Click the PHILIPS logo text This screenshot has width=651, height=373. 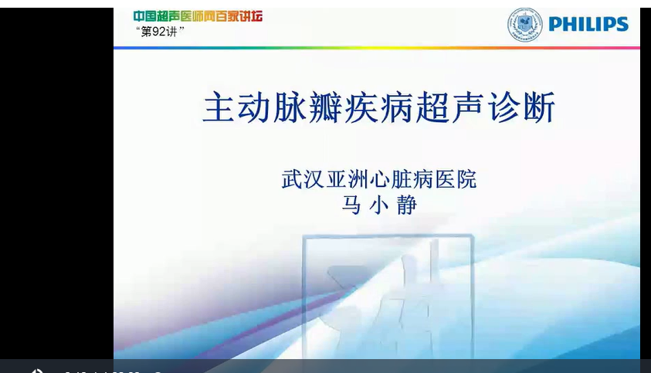coord(588,24)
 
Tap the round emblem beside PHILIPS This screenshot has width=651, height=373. coord(524,25)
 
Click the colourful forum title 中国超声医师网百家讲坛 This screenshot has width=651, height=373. coord(198,16)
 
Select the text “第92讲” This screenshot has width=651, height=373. coord(160,32)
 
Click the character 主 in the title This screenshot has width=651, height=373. coord(219,108)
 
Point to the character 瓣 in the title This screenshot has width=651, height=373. coord(326,108)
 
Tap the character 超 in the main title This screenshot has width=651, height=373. coord(432,108)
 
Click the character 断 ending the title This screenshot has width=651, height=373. coord(538,108)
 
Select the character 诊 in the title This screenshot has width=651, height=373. coord(503,108)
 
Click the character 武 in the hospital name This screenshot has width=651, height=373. coord(292,179)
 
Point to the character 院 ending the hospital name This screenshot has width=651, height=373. coord(466,179)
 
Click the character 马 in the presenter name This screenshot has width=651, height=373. coord(351,205)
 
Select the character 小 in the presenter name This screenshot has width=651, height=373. coord(379,205)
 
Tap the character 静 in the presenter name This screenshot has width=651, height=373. coord(407,205)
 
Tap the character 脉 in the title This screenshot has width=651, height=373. coord(290,108)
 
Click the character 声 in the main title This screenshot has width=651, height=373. coord(467,108)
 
